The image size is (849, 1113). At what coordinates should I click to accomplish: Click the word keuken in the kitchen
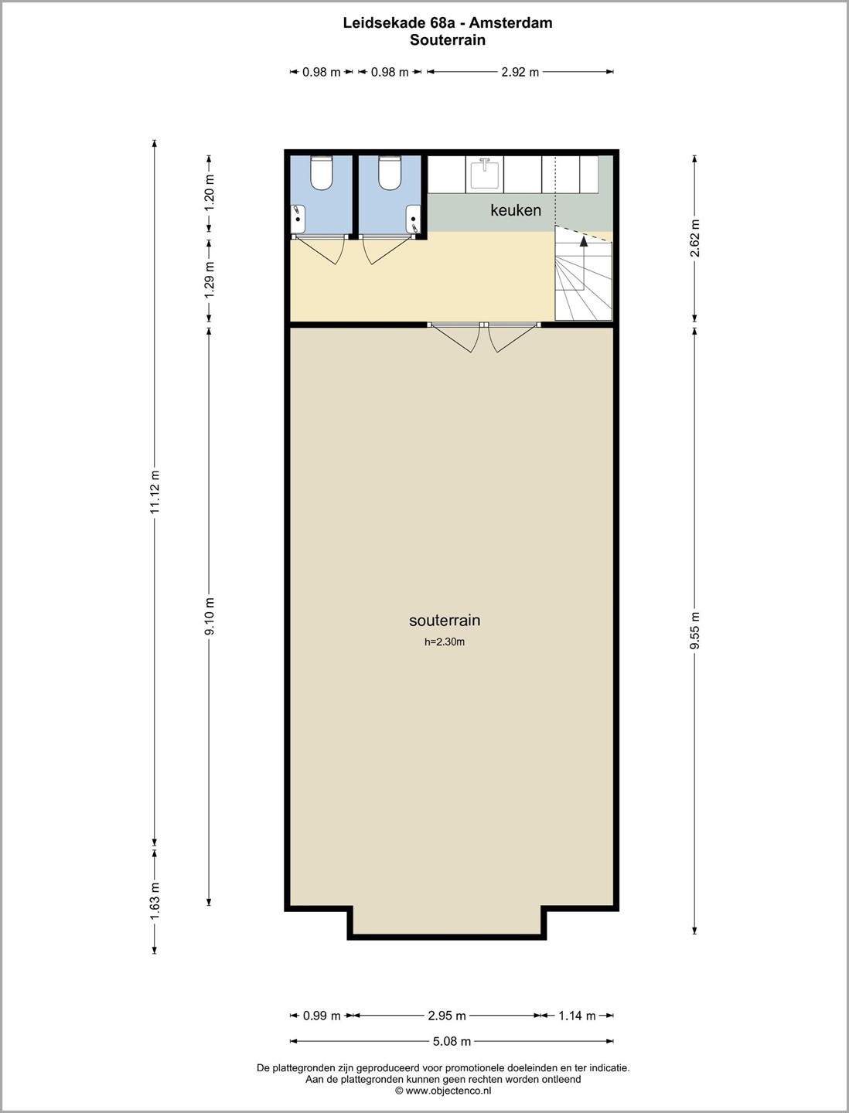click(515, 210)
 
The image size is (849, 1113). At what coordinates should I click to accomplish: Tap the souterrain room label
click(445, 620)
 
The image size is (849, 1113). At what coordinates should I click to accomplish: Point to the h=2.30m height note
click(445, 642)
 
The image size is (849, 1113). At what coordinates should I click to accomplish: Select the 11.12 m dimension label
click(155, 492)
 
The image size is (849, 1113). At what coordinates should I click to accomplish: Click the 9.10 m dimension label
click(210, 616)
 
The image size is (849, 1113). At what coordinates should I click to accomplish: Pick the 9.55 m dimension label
click(695, 630)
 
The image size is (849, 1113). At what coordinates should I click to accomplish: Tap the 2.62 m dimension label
click(695, 238)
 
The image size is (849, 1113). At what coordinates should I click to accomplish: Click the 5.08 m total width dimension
click(452, 1041)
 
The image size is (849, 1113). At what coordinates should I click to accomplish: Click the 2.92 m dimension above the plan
click(520, 72)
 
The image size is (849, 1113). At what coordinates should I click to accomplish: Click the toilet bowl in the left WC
click(321, 173)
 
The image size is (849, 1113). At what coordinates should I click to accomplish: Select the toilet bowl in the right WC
click(390, 173)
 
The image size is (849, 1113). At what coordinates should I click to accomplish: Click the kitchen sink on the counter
click(484, 172)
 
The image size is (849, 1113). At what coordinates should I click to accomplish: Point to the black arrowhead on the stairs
click(584, 241)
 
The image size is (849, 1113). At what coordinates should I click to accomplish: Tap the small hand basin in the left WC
click(298, 219)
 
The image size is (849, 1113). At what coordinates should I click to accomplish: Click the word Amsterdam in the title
click(511, 23)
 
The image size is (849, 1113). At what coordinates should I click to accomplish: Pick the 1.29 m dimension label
click(210, 280)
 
